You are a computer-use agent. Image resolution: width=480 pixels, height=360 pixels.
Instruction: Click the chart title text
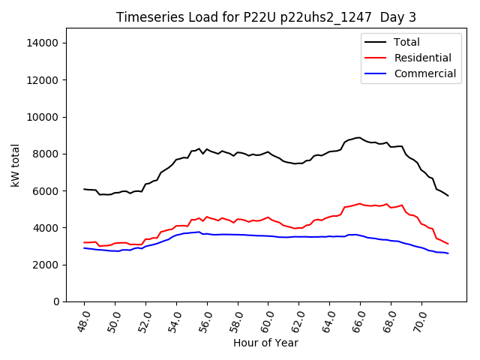tap(266, 17)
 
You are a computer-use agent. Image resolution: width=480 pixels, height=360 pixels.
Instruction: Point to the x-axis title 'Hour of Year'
tap(265, 343)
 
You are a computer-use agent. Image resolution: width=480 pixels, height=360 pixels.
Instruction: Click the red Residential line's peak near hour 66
tap(360, 203)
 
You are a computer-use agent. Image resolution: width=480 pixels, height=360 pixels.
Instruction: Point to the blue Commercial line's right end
tap(448, 253)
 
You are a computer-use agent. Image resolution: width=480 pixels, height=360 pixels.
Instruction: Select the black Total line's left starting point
tap(84, 189)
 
